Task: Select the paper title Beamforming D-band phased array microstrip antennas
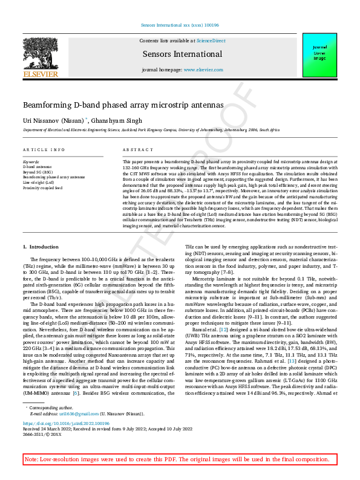123,105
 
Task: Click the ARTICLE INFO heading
44,149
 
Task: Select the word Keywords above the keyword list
31,162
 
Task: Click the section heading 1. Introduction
41,247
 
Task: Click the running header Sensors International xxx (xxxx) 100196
180,25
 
